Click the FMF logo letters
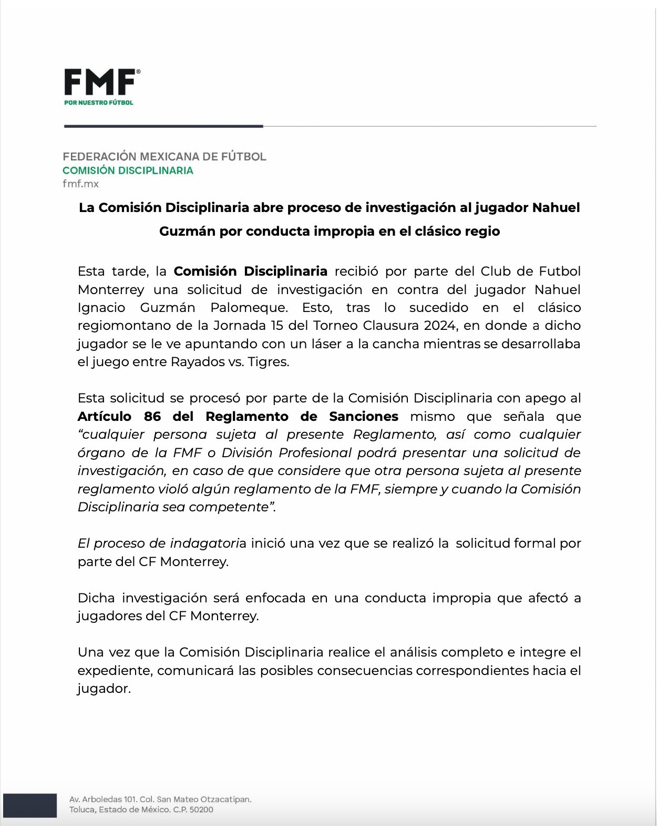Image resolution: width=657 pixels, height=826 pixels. pyautogui.click(x=100, y=83)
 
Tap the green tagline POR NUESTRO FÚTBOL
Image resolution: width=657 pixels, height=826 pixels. pyautogui.click(x=99, y=103)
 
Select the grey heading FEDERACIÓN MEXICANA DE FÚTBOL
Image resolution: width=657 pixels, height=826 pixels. pyautogui.click(x=165, y=156)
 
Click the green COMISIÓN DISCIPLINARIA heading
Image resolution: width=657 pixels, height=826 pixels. pyautogui.click(x=128, y=170)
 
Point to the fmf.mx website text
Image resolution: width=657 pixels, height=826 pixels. pyautogui.click(x=80, y=184)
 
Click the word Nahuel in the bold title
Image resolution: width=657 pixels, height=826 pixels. pyautogui.click(x=556, y=207)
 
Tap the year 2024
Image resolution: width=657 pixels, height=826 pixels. pyautogui.click(x=439, y=326)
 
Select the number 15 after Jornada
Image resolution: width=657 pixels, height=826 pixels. pyautogui.click(x=276, y=326)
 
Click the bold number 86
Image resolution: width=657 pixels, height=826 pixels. pyautogui.click(x=152, y=417)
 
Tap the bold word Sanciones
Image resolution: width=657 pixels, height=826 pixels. pyautogui.click(x=364, y=417)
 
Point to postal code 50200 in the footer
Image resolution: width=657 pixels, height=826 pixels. pyautogui.click(x=201, y=810)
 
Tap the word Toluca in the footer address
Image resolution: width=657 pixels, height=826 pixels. pyautogui.click(x=82, y=810)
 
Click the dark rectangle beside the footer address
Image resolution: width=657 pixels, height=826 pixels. pyautogui.click(x=29, y=805)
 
